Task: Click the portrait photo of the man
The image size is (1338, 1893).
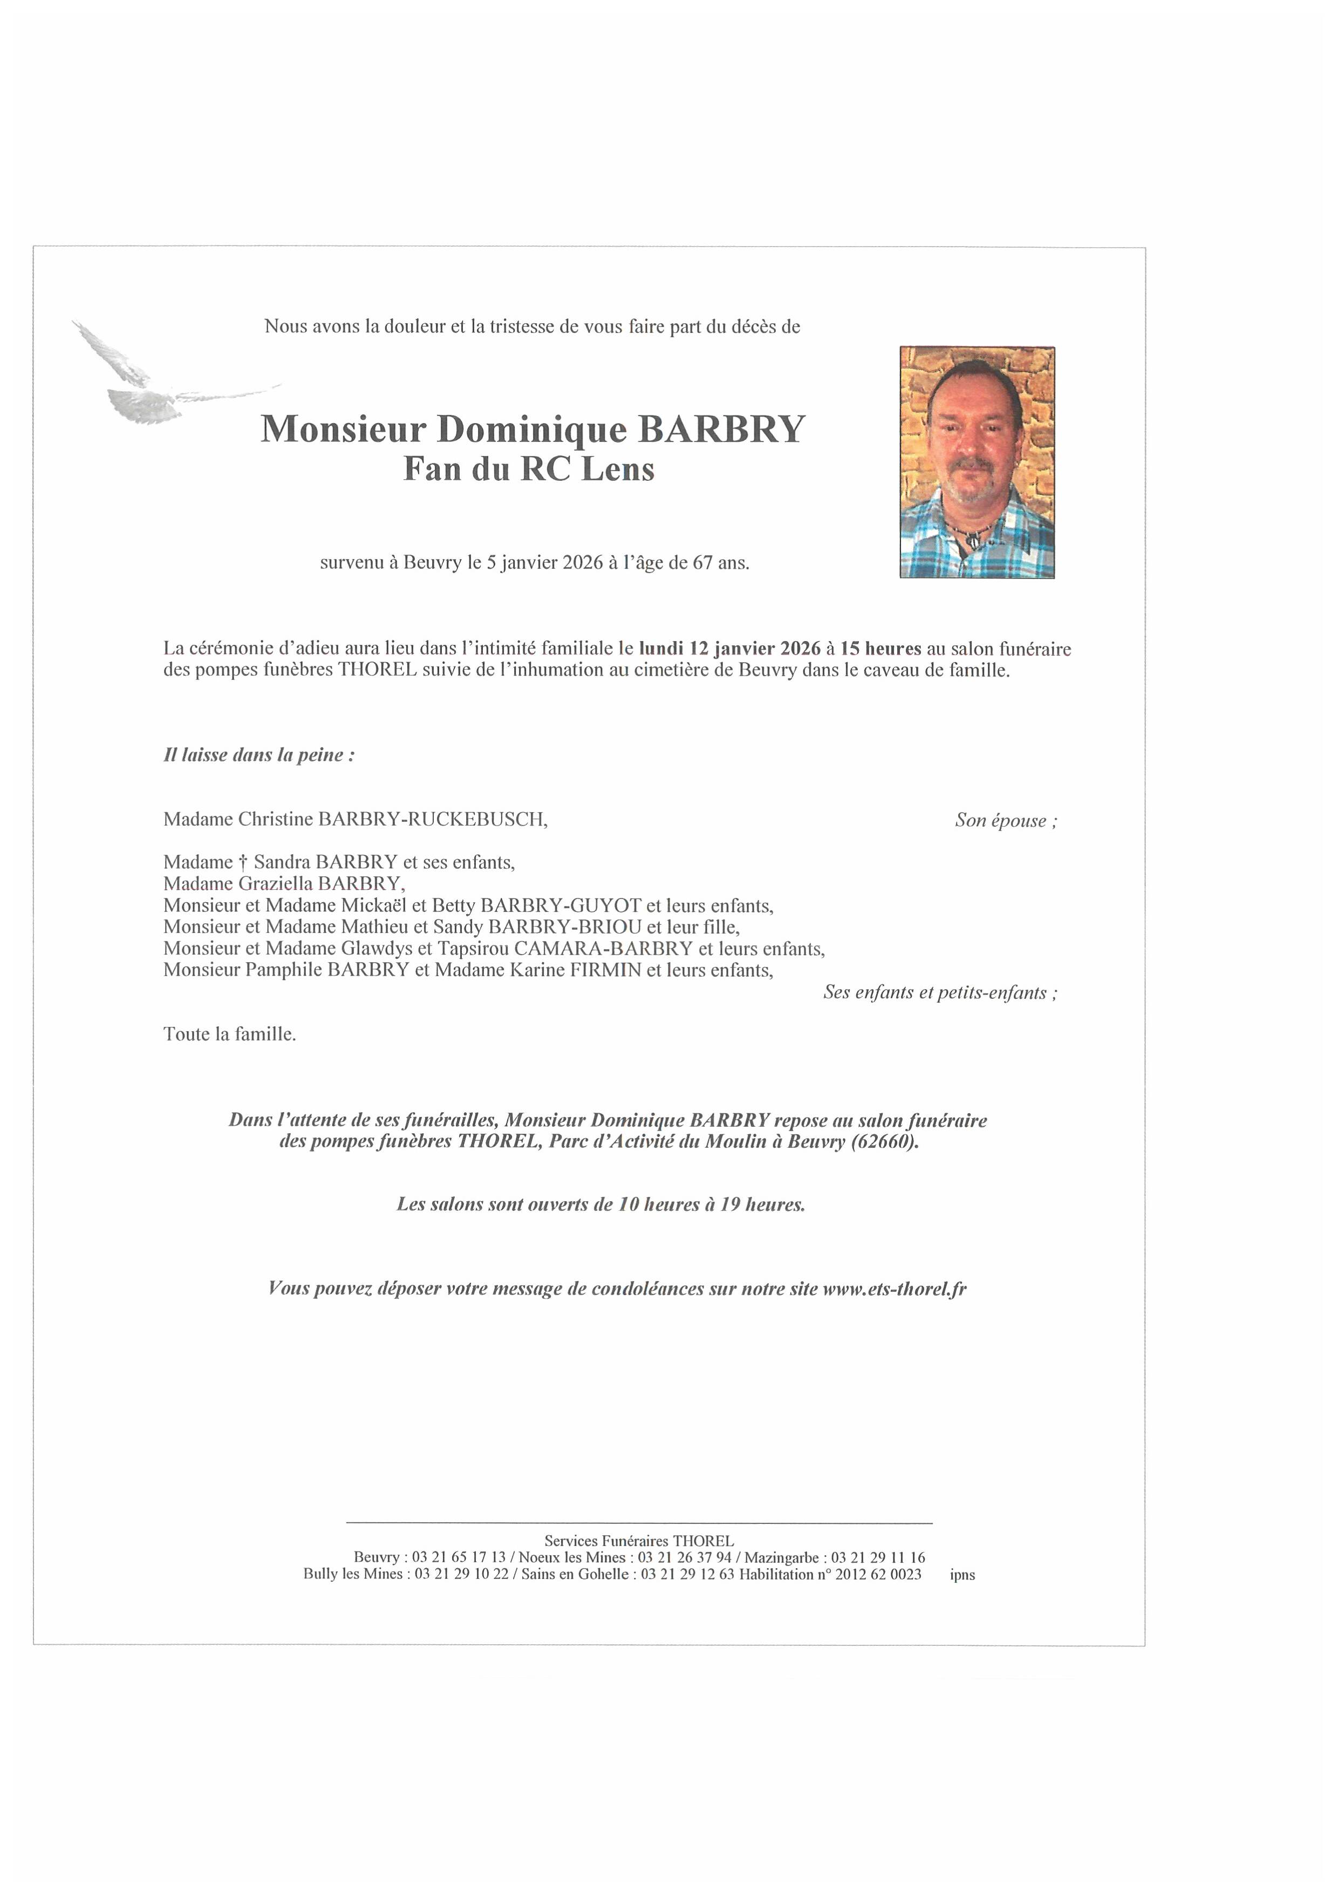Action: [x=977, y=462]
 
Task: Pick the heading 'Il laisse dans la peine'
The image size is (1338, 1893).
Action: [x=259, y=755]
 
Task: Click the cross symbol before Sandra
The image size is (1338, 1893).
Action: [x=243, y=862]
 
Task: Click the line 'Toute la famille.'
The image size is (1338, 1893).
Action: [x=229, y=1034]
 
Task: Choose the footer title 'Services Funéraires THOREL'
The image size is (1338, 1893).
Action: [x=639, y=1540]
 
